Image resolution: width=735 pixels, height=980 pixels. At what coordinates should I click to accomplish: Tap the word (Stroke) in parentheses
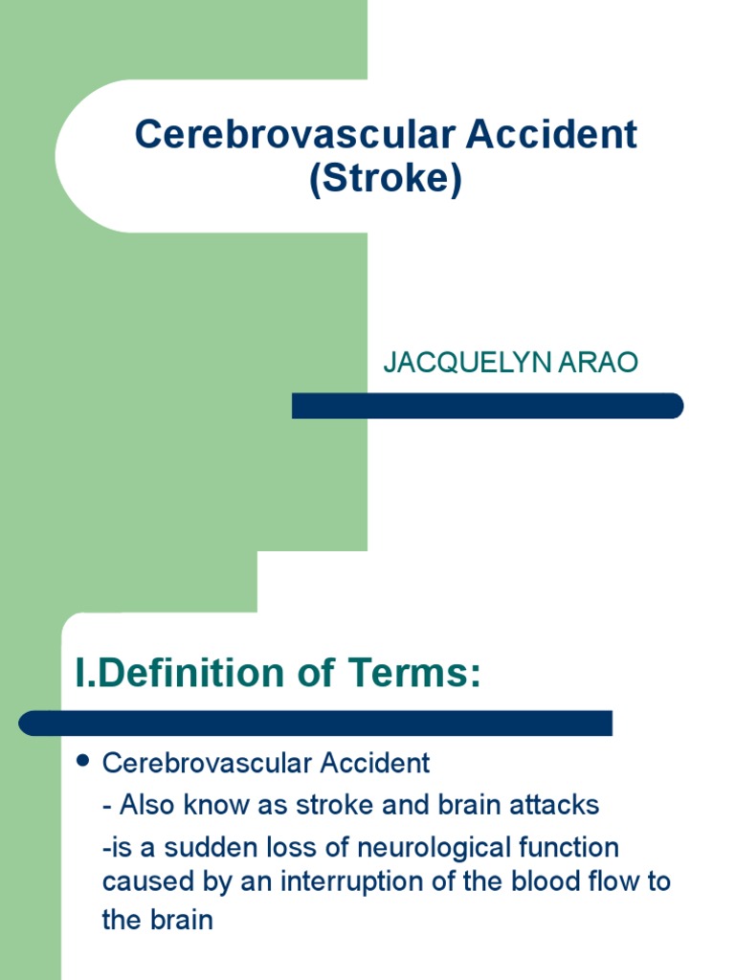click(385, 179)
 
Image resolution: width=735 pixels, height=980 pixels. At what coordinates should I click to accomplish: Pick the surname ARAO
click(602, 364)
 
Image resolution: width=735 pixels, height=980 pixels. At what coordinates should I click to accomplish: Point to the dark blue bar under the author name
click(487, 406)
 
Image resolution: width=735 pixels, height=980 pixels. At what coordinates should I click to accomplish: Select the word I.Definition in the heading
click(177, 674)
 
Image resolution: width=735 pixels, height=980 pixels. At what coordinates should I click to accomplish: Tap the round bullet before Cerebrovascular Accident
click(82, 762)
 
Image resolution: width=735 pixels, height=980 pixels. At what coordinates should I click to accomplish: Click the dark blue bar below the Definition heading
click(316, 723)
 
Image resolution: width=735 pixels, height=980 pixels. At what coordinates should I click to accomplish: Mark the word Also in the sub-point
click(142, 805)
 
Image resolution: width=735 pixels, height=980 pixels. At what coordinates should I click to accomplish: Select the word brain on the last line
click(180, 920)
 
